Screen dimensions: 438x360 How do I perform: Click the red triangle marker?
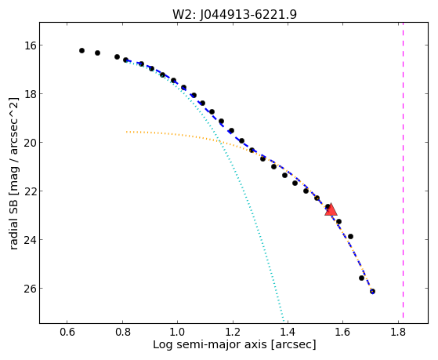pos(331,209)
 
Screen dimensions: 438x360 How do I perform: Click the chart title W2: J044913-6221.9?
pos(234,14)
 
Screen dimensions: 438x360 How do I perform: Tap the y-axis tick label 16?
pos(29,45)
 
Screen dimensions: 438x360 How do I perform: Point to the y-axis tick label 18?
pos(29,93)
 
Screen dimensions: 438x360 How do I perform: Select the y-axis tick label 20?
pos(29,143)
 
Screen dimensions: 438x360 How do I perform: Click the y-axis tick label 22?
pos(29,191)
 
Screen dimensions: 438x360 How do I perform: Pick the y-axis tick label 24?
pos(29,240)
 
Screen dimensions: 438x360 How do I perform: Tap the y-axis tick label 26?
pos(29,289)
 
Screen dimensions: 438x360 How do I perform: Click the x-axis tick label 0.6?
pos(67,332)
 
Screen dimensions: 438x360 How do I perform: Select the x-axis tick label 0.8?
pos(122,332)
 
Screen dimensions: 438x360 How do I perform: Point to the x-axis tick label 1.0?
pos(178,332)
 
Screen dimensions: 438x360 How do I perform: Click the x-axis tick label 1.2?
pos(233,332)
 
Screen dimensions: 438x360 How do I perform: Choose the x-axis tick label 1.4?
pos(288,332)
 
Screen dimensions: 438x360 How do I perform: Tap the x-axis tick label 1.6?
pos(342,332)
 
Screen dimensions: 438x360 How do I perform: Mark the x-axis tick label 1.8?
pos(398,332)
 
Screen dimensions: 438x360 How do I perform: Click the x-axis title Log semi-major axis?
pos(209,345)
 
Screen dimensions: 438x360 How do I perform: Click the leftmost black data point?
pos(81,51)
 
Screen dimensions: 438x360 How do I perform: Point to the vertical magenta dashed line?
pos(403,170)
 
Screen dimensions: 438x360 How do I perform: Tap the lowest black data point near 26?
pos(372,292)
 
